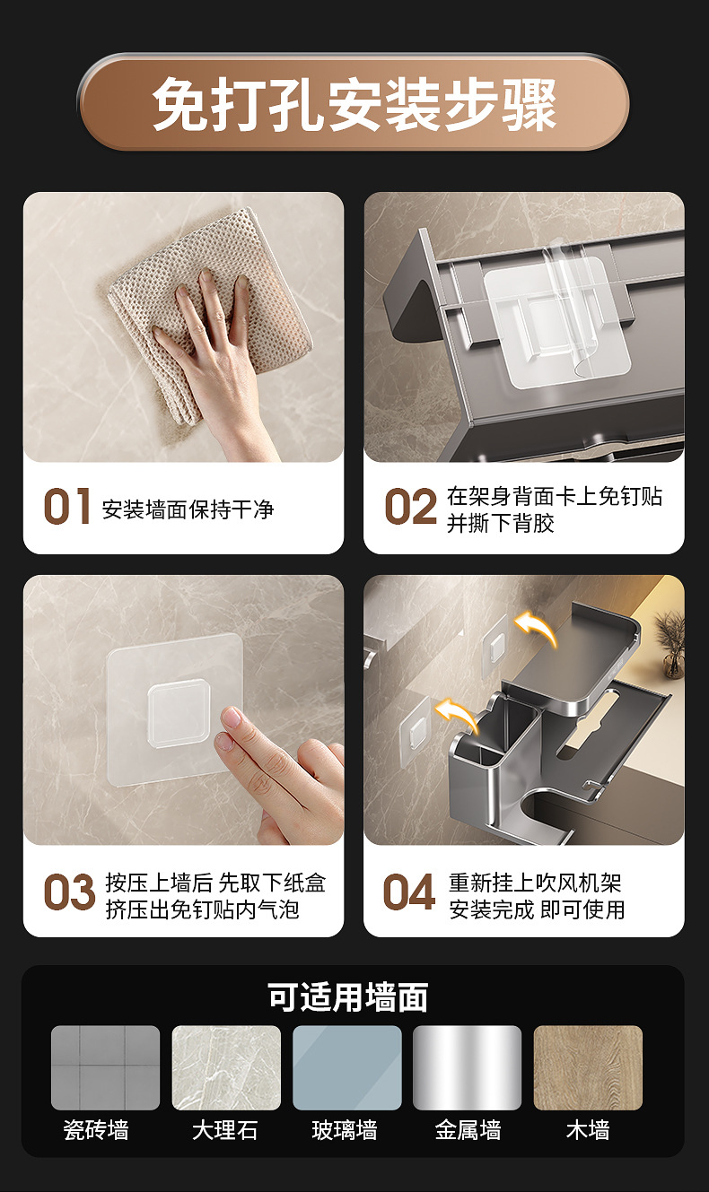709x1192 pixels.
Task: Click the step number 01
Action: coord(66,506)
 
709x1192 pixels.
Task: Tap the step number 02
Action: coord(410,506)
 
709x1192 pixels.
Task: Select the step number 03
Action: coord(69,892)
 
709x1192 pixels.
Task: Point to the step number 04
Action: coord(408,892)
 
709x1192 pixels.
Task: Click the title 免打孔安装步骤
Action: coord(354,103)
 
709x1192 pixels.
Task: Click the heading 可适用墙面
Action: coord(347,996)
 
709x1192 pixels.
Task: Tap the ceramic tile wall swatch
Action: coord(105,1067)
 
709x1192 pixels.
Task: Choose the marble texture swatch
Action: coord(226,1067)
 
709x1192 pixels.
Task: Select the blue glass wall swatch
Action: coord(347,1067)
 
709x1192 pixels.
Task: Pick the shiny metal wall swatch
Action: coord(468,1067)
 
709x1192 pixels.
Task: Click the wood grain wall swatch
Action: coord(588,1067)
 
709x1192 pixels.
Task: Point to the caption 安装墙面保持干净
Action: coord(188,509)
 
